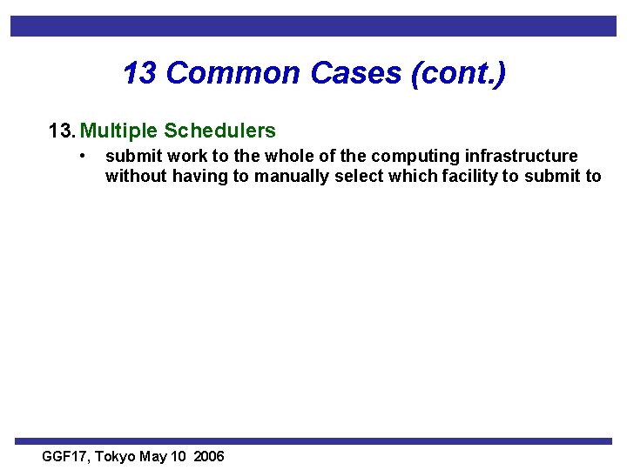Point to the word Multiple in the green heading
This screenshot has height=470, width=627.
pyautogui.click(x=119, y=131)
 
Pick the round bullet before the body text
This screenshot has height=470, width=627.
pyautogui.click(x=81, y=156)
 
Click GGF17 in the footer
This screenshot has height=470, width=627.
pyautogui.click(x=65, y=456)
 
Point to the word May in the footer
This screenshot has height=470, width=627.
pyautogui.click(x=154, y=456)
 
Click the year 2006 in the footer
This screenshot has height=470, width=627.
pyautogui.click(x=210, y=456)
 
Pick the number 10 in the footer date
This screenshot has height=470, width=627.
pyautogui.click(x=179, y=456)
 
